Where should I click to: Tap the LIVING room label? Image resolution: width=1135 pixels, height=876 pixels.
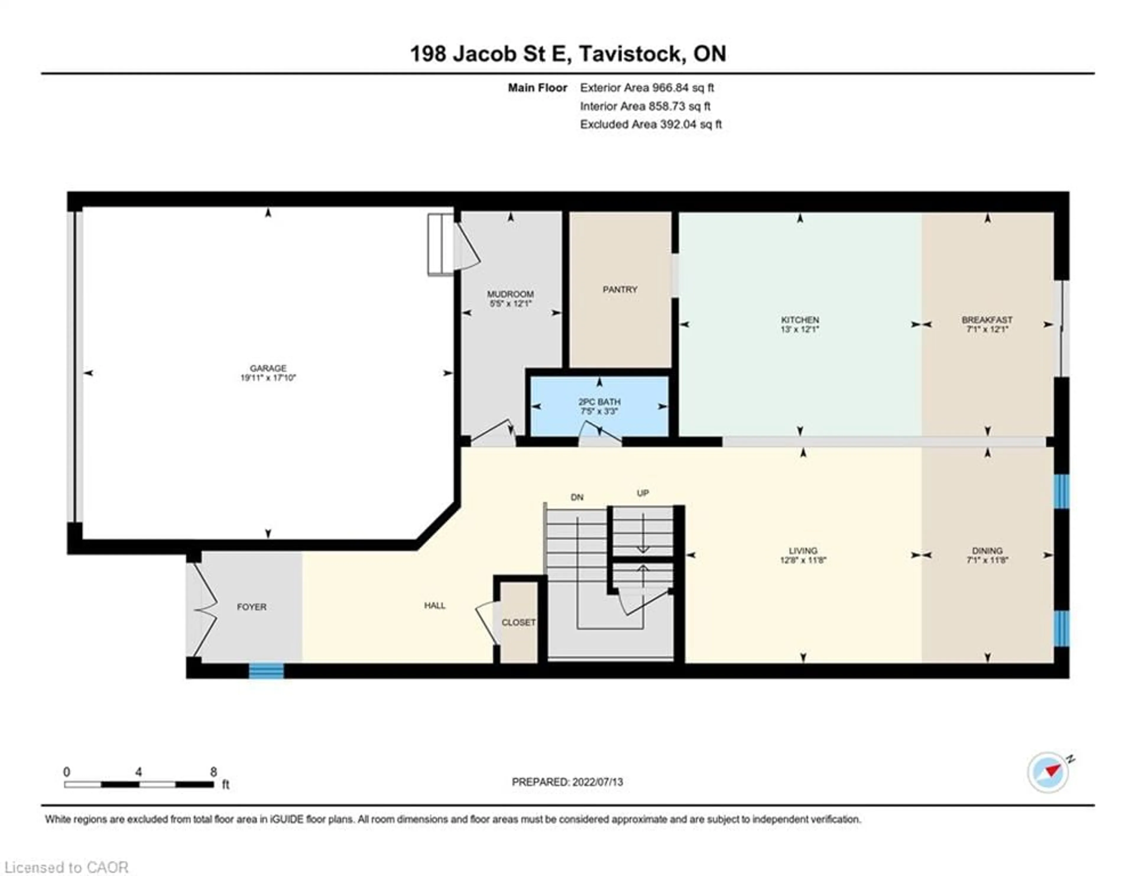(803, 551)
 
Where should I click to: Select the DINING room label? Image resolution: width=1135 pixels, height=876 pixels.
(987, 551)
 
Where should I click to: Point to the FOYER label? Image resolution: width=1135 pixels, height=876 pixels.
(252, 607)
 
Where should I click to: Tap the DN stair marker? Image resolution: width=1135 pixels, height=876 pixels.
(577, 497)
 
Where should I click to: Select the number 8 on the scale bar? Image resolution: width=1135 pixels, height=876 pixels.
(213, 772)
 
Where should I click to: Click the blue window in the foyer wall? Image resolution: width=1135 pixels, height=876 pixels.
(266, 671)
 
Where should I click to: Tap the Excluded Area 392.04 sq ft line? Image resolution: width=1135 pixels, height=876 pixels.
(651, 124)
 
